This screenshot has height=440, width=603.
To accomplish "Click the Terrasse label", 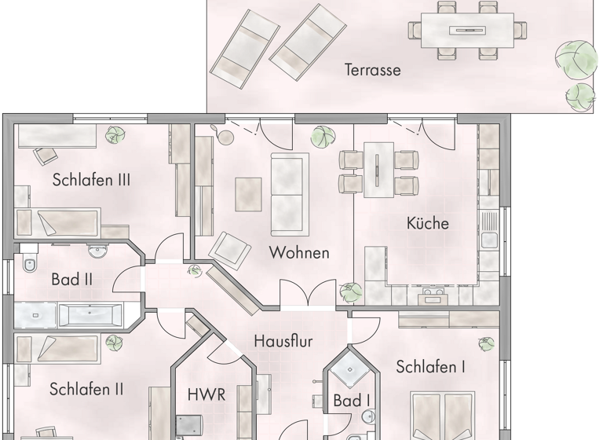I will pyautogui.click(x=372, y=70).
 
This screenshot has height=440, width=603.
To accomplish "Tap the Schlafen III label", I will pyautogui.click(x=91, y=180).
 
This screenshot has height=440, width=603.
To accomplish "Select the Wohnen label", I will pyautogui.click(x=298, y=253).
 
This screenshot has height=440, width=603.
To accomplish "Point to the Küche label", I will pyautogui.click(x=427, y=223).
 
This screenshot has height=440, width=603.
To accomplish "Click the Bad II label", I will pyautogui.click(x=72, y=279).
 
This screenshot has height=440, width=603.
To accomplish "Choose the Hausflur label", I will pyautogui.click(x=283, y=341).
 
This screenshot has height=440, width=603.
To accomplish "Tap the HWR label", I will pyautogui.click(x=207, y=394).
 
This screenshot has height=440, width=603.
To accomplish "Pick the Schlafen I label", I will pyautogui.click(x=430, y=367).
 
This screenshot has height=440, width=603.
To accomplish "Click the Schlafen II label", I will pyautogui.click(x=86, y=389).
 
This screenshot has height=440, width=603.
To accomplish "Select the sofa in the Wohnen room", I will pyautogui.click(x=290, y=193).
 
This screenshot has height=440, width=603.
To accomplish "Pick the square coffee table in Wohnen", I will pyautogui.click(x=248, y=192).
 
